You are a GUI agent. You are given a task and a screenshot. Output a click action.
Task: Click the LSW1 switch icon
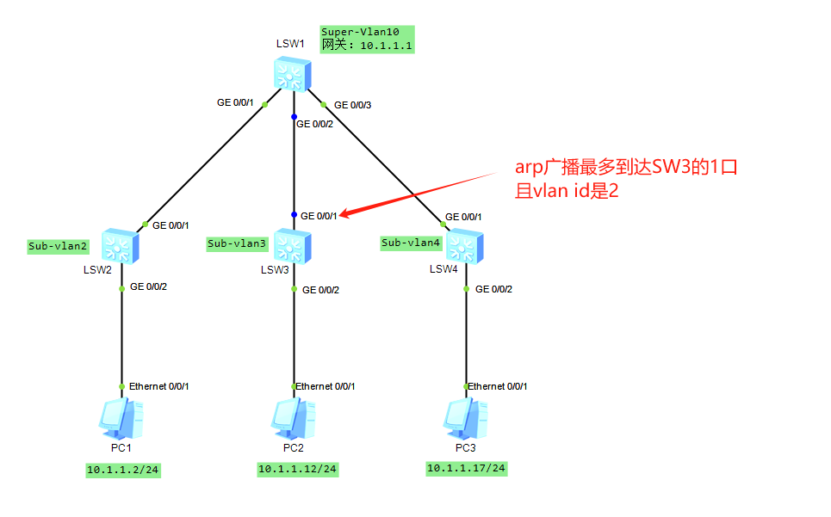click(293, 75)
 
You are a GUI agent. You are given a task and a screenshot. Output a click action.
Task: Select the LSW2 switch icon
click(121, 248)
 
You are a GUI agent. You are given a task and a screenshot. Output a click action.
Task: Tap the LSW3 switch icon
click(294, 246)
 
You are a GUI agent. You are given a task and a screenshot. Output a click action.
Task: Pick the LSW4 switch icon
click(465, 246)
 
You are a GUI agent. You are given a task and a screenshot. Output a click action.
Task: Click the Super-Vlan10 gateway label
click(367, 40)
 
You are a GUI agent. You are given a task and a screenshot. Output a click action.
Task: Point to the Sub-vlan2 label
click(59, 246)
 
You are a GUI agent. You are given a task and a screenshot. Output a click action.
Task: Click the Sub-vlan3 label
click(237, 243)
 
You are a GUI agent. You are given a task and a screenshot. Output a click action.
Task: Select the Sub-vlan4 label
click(411, 243)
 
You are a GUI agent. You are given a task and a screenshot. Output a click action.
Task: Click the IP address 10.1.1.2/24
click(123, 470)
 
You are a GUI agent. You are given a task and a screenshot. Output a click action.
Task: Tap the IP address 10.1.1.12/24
click(297, 469)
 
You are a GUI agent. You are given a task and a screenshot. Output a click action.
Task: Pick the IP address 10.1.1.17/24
click(466, 468)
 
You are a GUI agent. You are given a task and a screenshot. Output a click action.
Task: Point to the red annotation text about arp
click(626, 178)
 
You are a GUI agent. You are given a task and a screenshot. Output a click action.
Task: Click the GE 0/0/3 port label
click(352, 105)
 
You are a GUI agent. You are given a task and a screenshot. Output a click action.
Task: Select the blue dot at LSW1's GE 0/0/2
click(294, 116)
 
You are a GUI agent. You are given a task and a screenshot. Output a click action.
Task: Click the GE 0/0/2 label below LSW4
click(493, 289)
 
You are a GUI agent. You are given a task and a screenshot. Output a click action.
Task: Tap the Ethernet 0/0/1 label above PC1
click(158, 386)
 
